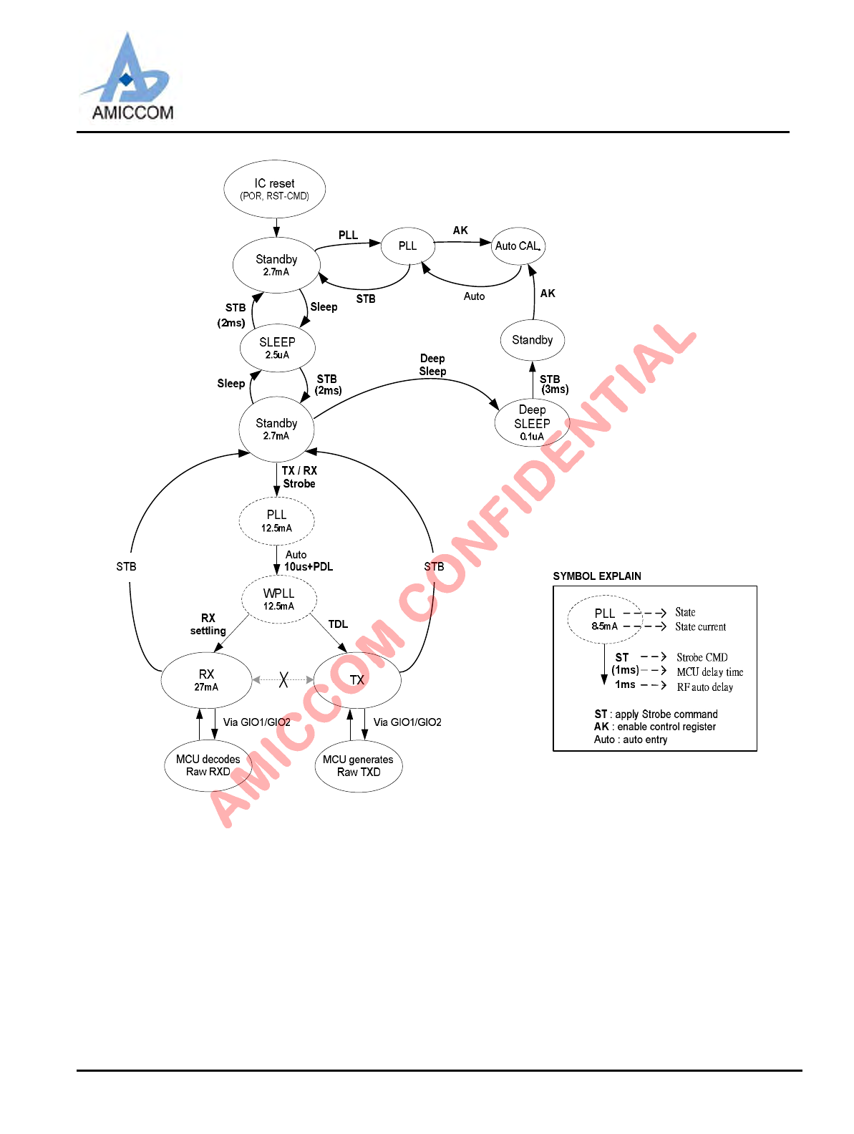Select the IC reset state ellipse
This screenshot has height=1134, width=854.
pyautogui.click(x=275, y=189)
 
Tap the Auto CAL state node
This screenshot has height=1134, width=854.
pyautogui.click(x=518, y=246)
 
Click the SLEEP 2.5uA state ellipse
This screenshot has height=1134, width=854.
pyautogui.click(x=277, y=348)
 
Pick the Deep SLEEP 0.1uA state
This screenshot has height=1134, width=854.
pyautogui.click(x=532, y=422)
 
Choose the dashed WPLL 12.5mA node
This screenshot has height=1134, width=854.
pyautogui.click(x=278, y=599)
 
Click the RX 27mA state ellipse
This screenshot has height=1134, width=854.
pyautogui.click(x=206, y=679)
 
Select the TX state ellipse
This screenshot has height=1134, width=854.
pyautogui.click(x=357, y=679)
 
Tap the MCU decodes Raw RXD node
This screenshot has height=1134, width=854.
pyautogui.click(x=208, y=765)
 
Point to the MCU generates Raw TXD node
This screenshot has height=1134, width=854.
pyautogui.click(x=358, y=766)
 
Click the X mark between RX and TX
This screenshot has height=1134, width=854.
pyautogui.click(x=283, y=679)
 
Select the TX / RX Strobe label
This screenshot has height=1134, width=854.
pyautogui.click(x=299, y=477)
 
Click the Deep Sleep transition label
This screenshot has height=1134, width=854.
pyautogui.click(x=432, y=364)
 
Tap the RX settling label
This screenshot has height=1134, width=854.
pyautogui.click(x=208, y=624)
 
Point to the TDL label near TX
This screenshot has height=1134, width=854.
pyautogui.click(x=338, y=624)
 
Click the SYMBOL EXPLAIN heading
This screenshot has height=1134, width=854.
pyautogui.click(x=597, y=576)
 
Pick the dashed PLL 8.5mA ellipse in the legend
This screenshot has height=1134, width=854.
pyautogui.click(x=605, y=619)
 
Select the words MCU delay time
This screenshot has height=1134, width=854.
pyautogui.click(x=709, y=672)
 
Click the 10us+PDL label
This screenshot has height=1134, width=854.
pyautogui.click(x=309, y=567)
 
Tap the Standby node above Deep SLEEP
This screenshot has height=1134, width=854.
pyautogui.click(x=532, y=340)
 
